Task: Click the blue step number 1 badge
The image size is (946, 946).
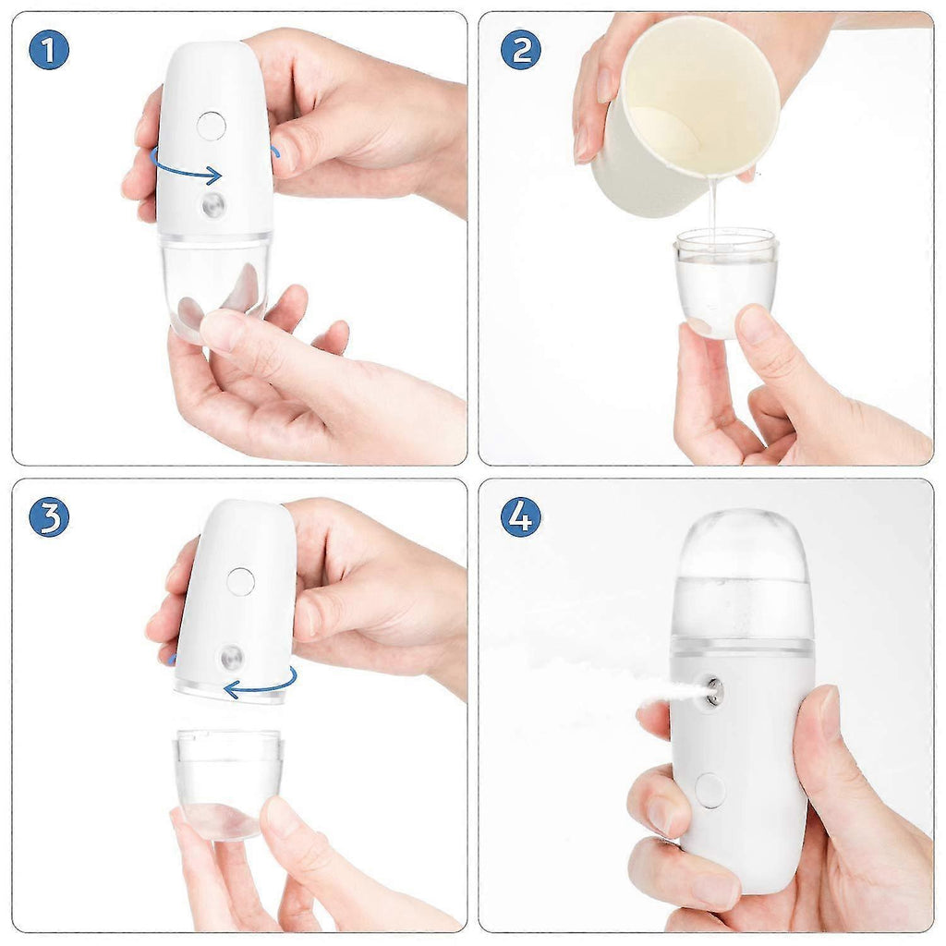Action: click(49, 50)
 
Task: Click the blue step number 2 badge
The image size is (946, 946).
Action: click(520, 50)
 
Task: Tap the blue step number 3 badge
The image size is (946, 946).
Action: click(49, 517)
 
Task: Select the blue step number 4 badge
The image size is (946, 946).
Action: click(520, 517)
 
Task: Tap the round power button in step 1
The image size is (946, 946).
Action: click(211, 126)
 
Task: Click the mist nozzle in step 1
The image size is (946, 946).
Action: click(213, 205)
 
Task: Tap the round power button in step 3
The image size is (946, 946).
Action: click(240, 581)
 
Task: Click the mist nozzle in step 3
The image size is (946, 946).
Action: click(230, 659)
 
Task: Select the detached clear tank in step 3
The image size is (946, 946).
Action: click(228, 781)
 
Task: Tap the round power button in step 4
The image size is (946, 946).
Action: click(709, 791)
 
